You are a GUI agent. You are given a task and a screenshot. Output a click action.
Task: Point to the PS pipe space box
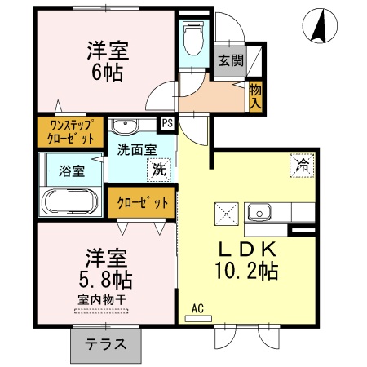pos(167,125)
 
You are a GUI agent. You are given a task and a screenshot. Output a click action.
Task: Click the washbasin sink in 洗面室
pos(126,127)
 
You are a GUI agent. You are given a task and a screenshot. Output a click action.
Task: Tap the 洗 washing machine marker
pos(160,170)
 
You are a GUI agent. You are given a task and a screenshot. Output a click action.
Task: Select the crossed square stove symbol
pos(225,213)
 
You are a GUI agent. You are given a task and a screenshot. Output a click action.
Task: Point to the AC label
pos(197,307)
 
